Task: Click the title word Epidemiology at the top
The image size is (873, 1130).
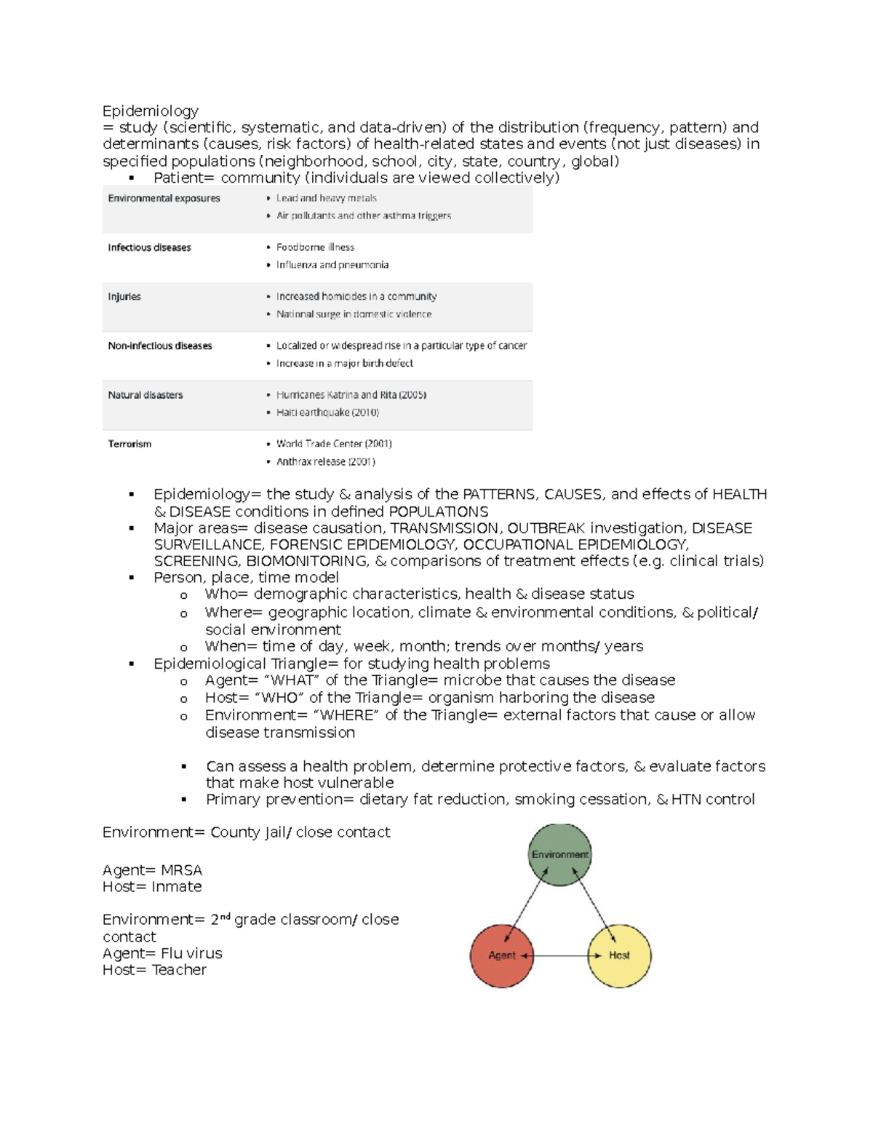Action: click(150, 111)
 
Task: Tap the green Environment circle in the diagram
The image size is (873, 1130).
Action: click(559, 855)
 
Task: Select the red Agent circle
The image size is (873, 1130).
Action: click(502, 955)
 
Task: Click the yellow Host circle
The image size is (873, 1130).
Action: click(619, 955)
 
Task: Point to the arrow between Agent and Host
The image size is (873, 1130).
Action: click(560, 955)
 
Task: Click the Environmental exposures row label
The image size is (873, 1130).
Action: click(164, 198)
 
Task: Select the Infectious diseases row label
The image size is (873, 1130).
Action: click(149, 247)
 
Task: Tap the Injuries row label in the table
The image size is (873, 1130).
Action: click(124, 296)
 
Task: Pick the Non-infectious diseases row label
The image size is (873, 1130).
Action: click(160, 346)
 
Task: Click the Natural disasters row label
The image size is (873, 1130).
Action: click(145, 395)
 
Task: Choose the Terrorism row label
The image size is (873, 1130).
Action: click(129, 444)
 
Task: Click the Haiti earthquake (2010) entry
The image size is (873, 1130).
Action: click(327, 413)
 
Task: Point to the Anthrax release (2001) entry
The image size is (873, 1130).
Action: click(325, 461)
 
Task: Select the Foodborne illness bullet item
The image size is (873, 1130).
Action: click(315, 247)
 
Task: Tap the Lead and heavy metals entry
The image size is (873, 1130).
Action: click(326, 198)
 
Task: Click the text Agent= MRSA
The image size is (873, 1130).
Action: click(152, 870)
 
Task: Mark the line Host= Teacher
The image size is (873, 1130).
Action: click(154, 969)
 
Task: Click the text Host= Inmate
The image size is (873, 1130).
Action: click(152, 886)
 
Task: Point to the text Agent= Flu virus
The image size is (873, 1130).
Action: click(162, 953)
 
